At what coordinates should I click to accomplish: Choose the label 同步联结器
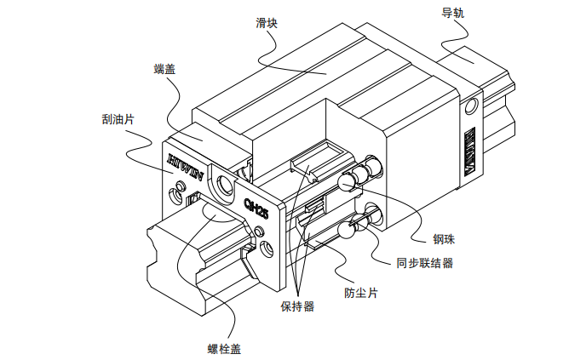click(x=424, y=263)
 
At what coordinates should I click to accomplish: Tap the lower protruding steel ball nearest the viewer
click(x=348, y=230)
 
